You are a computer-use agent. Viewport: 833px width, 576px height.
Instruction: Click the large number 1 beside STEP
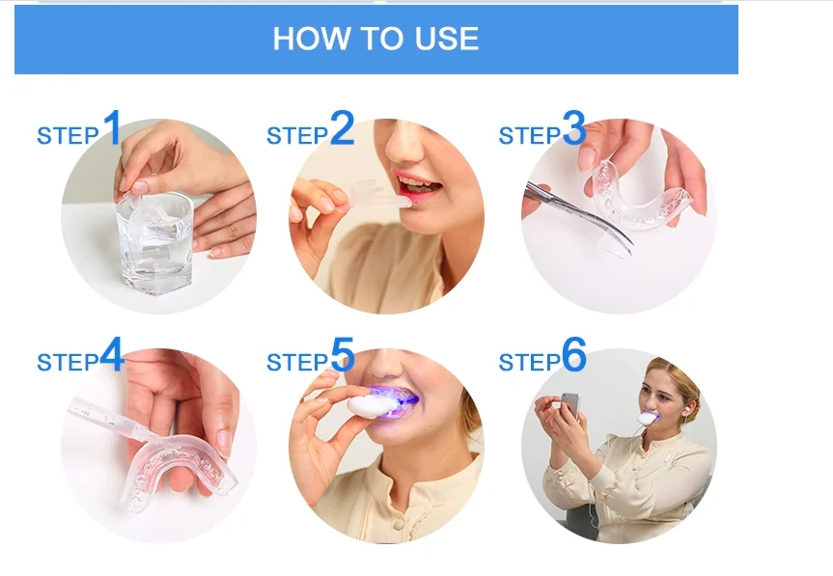(x=112, y=127)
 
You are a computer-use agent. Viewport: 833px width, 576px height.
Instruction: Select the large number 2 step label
(x=342, y=127)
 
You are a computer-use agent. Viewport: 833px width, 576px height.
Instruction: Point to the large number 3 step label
(x=573, y=127)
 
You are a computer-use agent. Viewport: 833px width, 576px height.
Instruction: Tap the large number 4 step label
(x=112, y=355)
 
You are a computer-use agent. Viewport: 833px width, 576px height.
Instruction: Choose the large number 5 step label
(x=342, y=355)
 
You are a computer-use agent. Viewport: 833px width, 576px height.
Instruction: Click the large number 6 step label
(x=573, y=355)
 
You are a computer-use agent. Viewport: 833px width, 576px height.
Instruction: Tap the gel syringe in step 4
(x=114, y=421)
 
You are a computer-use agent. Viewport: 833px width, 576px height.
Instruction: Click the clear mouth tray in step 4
(x=176, y=470)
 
